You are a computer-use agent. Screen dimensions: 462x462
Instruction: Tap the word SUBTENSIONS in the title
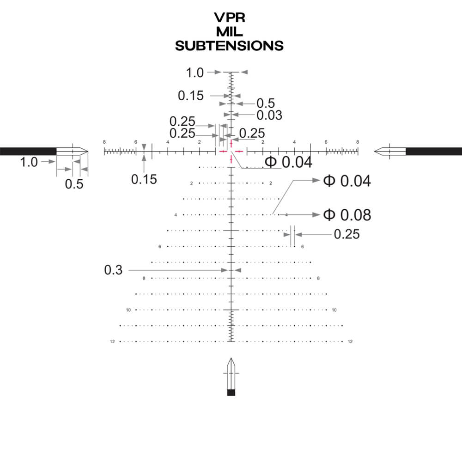[x=230, y=45]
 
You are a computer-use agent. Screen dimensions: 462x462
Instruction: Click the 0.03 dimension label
[x=269, y=115]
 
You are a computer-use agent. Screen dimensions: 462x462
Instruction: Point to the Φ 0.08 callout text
[x=347, y=215]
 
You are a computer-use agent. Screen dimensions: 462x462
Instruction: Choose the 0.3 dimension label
[x=114, y=270]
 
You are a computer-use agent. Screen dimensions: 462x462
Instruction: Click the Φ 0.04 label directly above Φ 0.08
[x=347, y=181]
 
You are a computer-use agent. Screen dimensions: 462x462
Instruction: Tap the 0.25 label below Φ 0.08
[x=346, y=235]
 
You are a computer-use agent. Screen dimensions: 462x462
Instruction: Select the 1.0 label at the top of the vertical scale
[x=195, y=73]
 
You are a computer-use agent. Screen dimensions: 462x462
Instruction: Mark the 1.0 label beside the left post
[x=29, y=162]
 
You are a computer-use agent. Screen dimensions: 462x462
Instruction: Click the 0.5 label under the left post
[x=74, y=184]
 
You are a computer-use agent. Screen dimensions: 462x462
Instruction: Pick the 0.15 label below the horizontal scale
[x=144, y=179]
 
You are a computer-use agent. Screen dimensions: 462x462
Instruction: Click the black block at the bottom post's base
[x=231, y=393]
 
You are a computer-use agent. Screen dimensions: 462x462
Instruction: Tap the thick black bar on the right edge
[x=434, y=151]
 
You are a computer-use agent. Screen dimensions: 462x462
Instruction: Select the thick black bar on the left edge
[x=28, y=151]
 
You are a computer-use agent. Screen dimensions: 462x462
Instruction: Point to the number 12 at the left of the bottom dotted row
[x=112, y=342]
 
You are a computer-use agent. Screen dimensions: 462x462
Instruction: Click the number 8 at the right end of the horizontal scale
[x=358, y=142]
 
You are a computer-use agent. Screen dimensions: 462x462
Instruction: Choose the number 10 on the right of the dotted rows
[x=334, y=310]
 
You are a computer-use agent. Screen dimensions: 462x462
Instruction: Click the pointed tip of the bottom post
[x=231, y=359]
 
